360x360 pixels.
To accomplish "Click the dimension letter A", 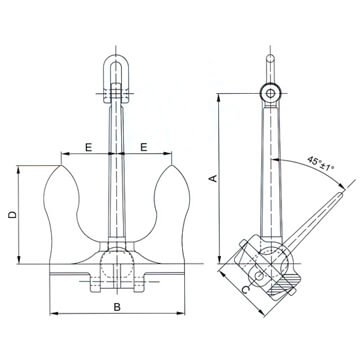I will (x=212, y=177).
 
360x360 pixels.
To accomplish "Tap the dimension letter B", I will (x=118, y=306).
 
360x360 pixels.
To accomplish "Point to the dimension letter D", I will (x=10, y=214).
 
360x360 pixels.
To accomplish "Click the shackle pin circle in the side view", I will (x=268, y=92).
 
